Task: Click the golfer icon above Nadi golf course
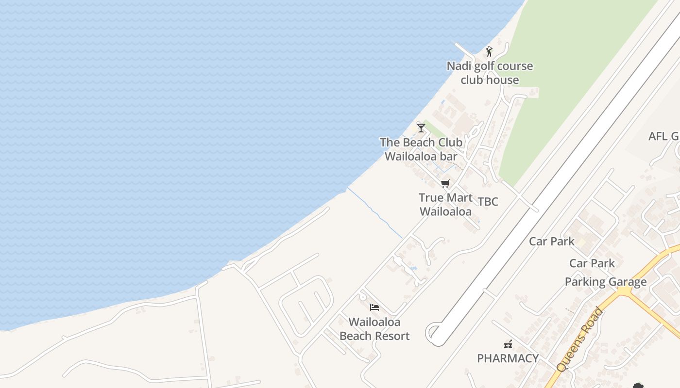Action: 489,51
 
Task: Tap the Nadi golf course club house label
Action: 490,73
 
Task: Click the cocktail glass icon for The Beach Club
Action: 421,128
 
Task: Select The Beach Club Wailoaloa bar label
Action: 421,149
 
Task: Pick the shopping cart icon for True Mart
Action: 445,183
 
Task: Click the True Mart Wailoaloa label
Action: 445,205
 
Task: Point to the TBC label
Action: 488,202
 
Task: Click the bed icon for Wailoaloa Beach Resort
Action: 374,307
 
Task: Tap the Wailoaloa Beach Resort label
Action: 374,329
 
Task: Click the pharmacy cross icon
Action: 508,344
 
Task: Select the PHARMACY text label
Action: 508,358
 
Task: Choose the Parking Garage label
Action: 605,282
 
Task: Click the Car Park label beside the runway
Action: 551,241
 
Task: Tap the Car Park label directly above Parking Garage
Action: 592,263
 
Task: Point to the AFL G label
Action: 663,136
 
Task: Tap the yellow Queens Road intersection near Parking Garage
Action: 624,291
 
